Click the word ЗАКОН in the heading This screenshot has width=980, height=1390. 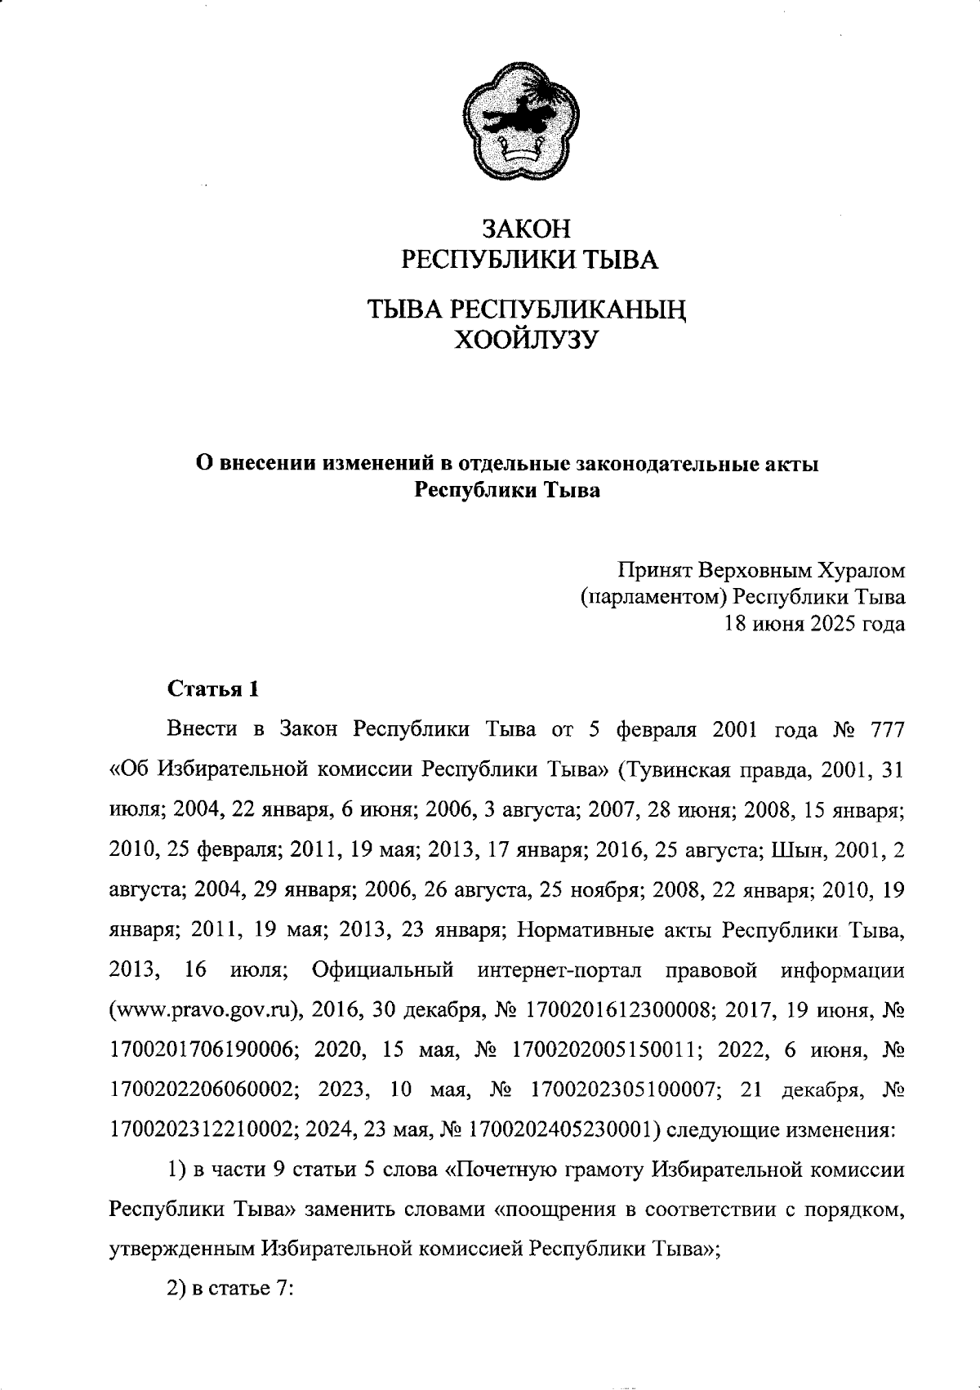[526, 228]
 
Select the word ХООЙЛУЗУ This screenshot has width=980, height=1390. [526, 338]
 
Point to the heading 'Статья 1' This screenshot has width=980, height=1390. [213, 689]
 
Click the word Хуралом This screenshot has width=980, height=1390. [857, 569]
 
